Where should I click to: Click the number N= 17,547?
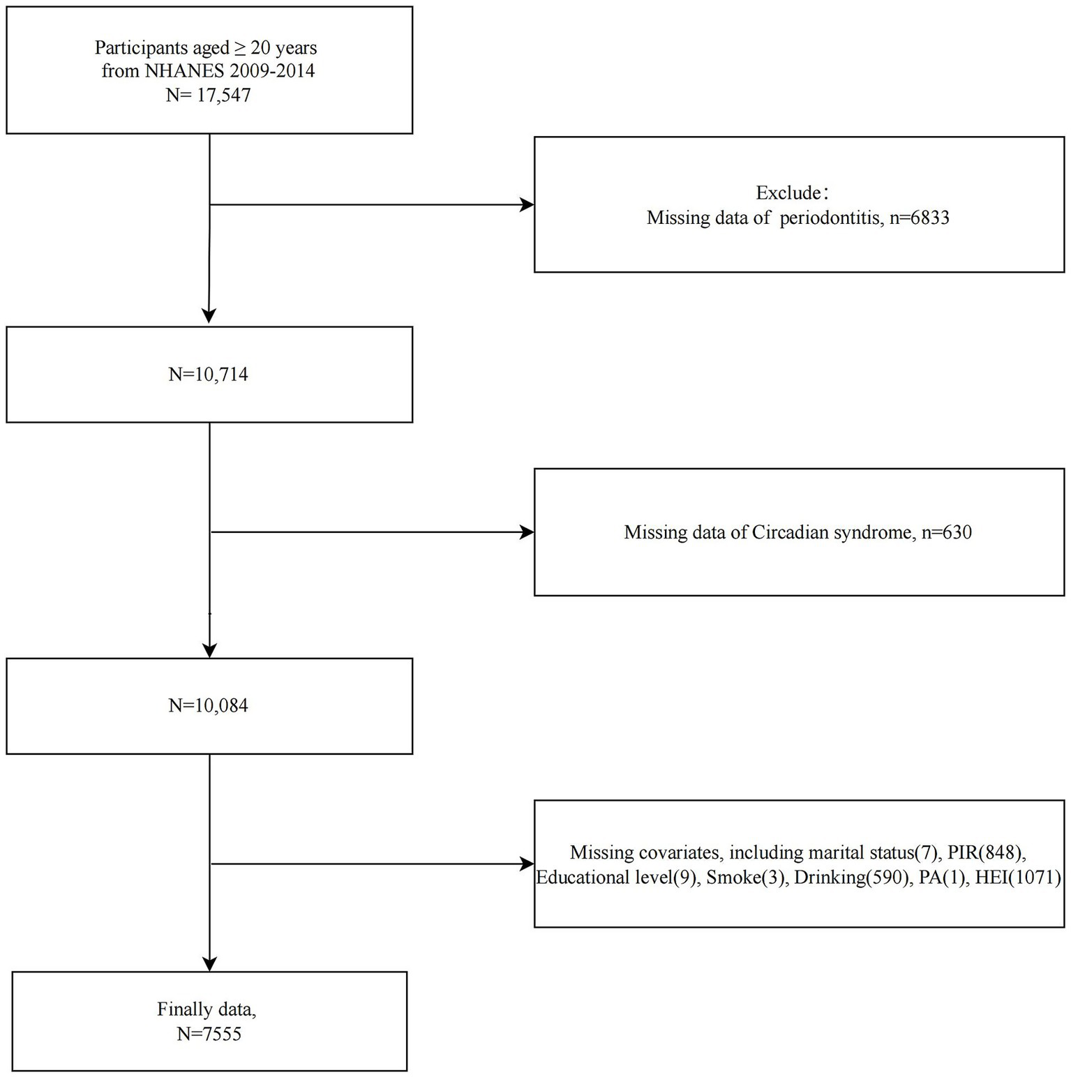208,95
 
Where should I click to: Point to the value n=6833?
918,218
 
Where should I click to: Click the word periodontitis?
829,218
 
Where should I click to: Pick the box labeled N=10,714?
209,375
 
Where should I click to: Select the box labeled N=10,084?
209,706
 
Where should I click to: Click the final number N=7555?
209,1033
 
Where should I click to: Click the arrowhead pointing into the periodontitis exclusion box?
527,205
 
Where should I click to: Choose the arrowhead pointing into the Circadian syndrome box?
527,532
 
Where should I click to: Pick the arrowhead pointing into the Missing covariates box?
527,864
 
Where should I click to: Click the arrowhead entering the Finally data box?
209,963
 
